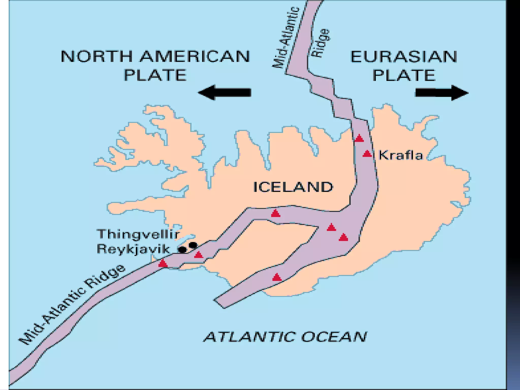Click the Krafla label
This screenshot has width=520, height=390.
pyautogui.click(x=400, y=155)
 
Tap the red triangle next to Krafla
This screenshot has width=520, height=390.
pyautogui.click(x=367, y=154)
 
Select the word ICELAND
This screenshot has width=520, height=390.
pyautogui.click(x=293, y=187)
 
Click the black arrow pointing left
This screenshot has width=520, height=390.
pyautogui.click(x=224, y=92)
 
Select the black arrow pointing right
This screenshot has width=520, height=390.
pyautogui.click(x=442, y=93)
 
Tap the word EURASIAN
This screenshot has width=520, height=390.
pyautogui.click(x=404, y=57)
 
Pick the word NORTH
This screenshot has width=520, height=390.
pyautogui.click(x=97, y=56)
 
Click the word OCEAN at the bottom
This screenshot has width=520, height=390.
pyautogui.click(x=334, y=337)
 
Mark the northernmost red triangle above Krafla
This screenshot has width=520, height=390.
pyautogui.click(x=359, y=138)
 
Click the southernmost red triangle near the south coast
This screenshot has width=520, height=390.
pyautogui.click(x=277, y=277)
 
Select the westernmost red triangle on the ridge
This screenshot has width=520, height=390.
pyautogui.click(x=163, y=263)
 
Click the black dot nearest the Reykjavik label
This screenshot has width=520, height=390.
pyautogui.click(x=182, y=250)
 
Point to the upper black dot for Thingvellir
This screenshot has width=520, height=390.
pyautogui.click(x=193, y=245)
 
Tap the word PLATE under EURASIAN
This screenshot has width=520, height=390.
pyautogui.click(x=404, y=75)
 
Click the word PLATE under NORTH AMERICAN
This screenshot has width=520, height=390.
pyautogui.click(x=155, y=75)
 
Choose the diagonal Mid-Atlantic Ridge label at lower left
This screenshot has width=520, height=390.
pyautogui.click(x=72, y=305)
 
